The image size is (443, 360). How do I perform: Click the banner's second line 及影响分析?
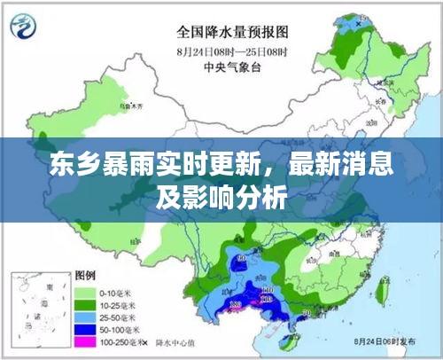pyautogui.click(x=221, y=199)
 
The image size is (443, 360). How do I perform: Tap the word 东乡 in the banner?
pyautogui.click(x=72, y=166)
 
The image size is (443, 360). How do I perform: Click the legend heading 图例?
pyautogui.click(x=86, y=274)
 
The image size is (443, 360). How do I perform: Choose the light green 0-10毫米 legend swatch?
pyautogui.click(x=87, y=292)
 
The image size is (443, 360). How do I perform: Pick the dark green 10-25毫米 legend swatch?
pyautogui.click(x=87, y=304)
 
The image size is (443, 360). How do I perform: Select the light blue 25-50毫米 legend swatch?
pyautogui.click(x=87, y=317)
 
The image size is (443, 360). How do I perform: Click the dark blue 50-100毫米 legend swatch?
pyautogui.click(x=87, y=329)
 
